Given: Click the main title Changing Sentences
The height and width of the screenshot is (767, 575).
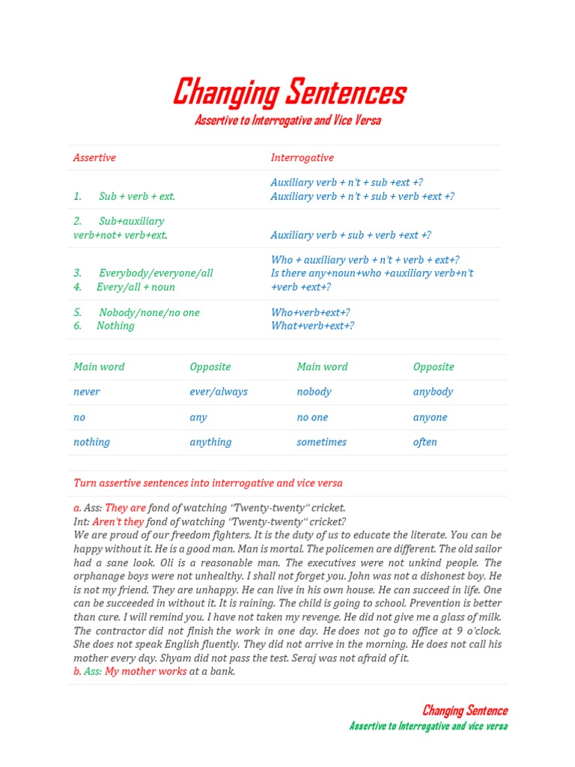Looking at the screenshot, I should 289,93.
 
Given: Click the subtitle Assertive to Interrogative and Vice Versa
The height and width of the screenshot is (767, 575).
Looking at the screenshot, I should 287,121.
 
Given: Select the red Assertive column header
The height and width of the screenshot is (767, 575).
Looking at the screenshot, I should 94,158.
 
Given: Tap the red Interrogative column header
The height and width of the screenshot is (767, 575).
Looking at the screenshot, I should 302,158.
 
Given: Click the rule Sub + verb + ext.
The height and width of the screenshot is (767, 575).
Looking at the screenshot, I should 136,196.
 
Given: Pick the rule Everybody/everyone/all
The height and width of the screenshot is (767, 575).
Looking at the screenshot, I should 156,273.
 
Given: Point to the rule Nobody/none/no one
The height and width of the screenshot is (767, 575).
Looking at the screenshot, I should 149,312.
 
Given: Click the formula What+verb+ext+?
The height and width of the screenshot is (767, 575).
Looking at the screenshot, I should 312,326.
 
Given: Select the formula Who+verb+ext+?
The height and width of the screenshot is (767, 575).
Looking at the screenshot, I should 310,312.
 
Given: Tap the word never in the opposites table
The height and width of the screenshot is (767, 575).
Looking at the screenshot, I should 86,392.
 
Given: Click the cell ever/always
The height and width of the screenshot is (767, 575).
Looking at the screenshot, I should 218,392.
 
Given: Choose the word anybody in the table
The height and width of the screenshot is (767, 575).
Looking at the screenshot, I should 433,392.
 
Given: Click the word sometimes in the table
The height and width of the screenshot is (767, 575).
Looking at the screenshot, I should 321,442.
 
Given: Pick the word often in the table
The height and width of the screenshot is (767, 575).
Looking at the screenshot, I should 425,442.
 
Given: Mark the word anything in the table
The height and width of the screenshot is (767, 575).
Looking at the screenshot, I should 210,442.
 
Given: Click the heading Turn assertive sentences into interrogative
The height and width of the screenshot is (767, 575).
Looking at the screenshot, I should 207,483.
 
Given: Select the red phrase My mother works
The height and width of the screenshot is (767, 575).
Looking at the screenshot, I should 145,671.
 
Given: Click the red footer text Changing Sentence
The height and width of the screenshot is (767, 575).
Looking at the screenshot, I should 464,711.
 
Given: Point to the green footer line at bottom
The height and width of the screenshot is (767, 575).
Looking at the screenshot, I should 428,726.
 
